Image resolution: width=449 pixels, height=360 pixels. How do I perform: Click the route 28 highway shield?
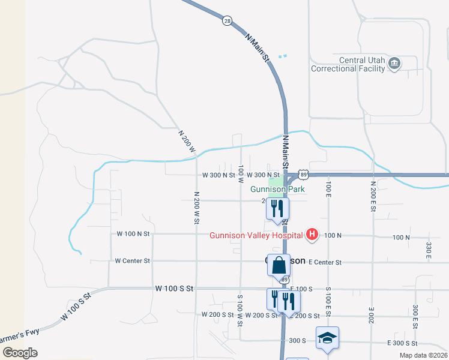[x=226, y=21]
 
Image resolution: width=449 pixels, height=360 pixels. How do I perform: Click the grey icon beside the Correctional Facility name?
[x=394, y=64]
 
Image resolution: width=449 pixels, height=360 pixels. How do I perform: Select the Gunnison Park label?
[x=278, y=189]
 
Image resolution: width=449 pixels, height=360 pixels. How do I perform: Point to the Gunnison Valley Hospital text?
[x=256, y=235]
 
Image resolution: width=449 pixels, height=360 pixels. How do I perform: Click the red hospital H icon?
[x=312, y=235]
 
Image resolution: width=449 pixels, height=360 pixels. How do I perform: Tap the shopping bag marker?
[x=279, y=265]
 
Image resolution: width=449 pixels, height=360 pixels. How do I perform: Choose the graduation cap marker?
[x=328, y=338]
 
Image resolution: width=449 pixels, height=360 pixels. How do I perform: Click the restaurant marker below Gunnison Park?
[x=279, y=208]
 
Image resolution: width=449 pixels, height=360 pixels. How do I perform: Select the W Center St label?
[x=132, y=261]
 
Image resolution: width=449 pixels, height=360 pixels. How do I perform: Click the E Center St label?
[x=325, y=262]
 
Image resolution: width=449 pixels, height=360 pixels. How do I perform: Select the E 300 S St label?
[x=402, y=343]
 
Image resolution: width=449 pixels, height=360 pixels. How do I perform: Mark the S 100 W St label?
[x=239, y=310]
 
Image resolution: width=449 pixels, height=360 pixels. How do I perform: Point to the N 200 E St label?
[x=373, y=194]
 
